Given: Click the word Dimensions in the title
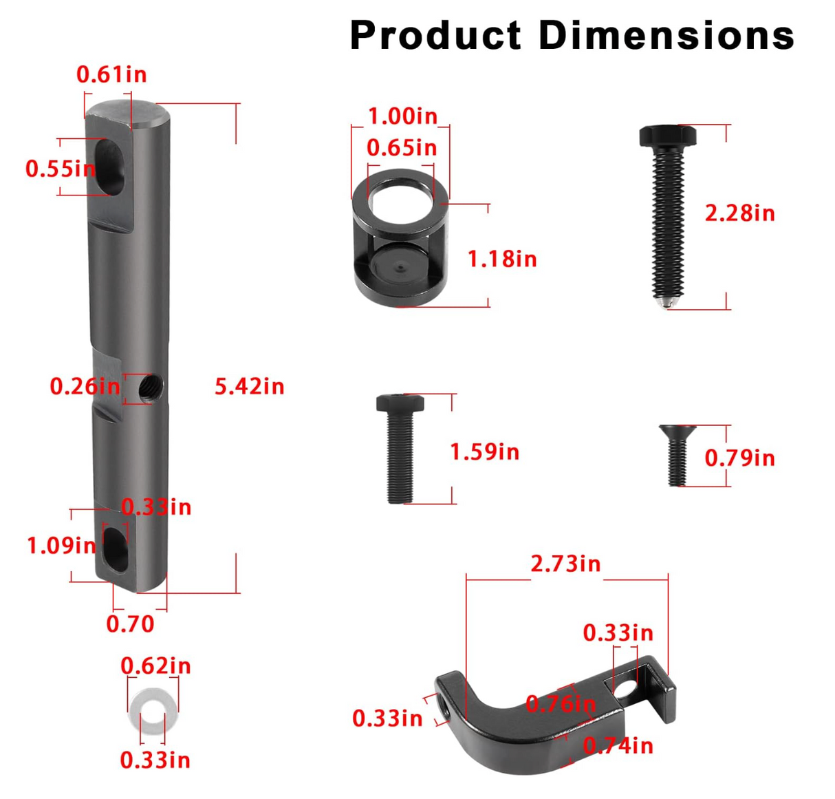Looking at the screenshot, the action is click(666, 35).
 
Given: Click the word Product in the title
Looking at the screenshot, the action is click(435, 35).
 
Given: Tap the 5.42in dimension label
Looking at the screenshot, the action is click(249, 386).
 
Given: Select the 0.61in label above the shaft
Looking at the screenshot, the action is click(111, 75).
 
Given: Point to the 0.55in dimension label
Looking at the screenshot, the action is click(61, 169).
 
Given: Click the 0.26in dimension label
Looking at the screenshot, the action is click(85, 386).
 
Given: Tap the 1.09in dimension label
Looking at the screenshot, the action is click(62, 546).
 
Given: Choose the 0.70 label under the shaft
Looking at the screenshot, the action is click(130, 624).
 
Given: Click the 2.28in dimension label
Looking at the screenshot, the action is click(740, 213).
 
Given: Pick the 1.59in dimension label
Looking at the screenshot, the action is click(484, 452).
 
